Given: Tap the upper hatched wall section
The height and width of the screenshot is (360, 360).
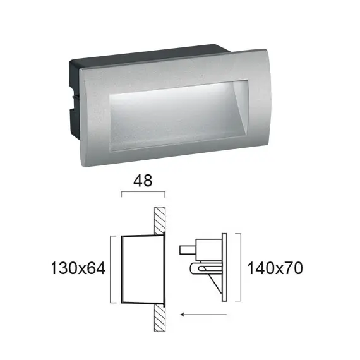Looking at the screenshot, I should pyautogui.click(x=159, y=220).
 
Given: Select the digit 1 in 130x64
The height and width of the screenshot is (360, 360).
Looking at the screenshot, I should pyautogui.click(x=53, y=268).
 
